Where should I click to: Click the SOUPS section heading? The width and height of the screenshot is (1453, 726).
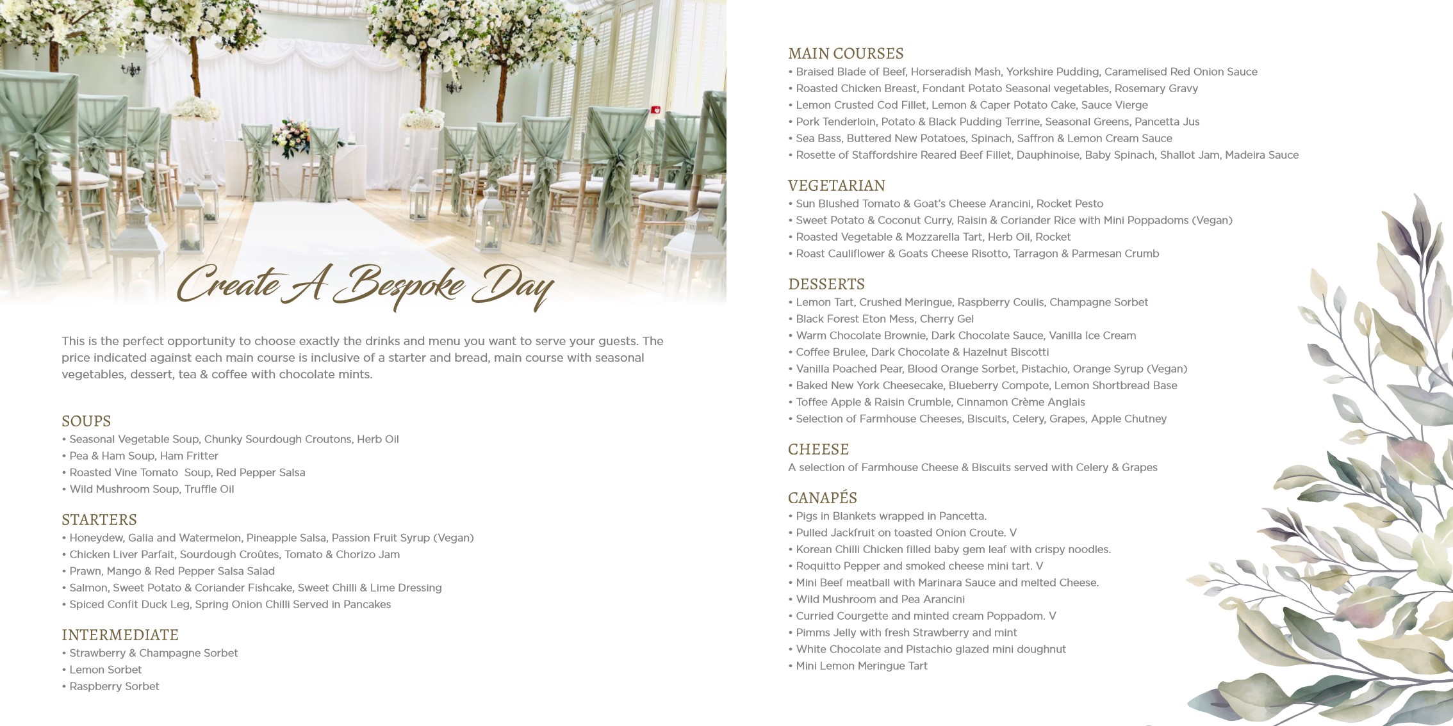pos(86,421)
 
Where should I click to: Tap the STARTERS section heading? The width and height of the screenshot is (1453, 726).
pos(99,520)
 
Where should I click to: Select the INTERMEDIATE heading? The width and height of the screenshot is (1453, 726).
pos(120,635)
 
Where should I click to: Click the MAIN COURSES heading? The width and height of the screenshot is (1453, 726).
pos(846,54)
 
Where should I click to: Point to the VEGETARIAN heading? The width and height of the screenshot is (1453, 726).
pos(836,186)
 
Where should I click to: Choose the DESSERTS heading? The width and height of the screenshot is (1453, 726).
pos(826,284)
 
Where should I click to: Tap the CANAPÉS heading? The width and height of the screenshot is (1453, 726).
pos(822,498)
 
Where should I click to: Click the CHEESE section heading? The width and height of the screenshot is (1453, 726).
pos(818,449)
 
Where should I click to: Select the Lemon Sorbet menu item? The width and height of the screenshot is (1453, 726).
pos(106,670)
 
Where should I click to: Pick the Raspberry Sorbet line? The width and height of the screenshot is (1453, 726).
pos(114,686)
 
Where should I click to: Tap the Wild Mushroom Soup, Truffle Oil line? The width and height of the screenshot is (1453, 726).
pos(152,489)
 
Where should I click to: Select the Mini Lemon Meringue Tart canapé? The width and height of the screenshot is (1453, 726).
pos(862,666)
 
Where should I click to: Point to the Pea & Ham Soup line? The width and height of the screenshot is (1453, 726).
pos(144,456)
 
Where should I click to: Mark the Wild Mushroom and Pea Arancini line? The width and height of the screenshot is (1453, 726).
pos(880,599)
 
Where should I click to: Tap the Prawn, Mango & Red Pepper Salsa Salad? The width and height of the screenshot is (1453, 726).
pos(172,571)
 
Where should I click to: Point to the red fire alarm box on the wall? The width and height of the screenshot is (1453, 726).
pos(655,110)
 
